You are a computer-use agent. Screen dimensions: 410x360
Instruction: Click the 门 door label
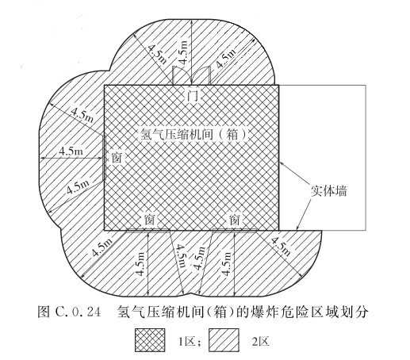click(x=193, y=96)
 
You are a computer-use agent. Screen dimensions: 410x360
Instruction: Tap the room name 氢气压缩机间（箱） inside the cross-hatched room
click(x=194, y=135)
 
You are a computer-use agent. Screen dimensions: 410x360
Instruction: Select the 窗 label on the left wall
click(x=117, y=158)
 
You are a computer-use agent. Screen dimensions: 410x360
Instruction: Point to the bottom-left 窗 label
click(x=150, y=220)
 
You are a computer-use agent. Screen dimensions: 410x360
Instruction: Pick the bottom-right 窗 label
click(x=235, y=220)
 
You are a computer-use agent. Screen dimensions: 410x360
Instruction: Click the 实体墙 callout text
click(x=328, y=190)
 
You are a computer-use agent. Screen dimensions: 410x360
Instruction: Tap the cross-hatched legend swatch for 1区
click(x=150, y=340)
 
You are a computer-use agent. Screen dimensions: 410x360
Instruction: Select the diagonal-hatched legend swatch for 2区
click(x=224, y=340)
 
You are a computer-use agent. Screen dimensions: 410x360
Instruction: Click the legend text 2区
click(x=260, y=342)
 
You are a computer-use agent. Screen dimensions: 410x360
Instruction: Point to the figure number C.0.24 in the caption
click(x=79, y=312)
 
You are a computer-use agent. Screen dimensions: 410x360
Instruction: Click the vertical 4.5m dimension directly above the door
click(x=183, y=52)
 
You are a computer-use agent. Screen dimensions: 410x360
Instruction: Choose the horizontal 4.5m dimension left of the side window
click(x=71, y=151)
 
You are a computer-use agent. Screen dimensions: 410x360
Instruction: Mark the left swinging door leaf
click(x=182, y=75)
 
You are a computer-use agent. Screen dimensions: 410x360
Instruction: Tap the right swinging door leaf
click(x=202, y=75)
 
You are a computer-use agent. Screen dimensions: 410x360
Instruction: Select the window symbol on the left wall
click(x=105, y=158)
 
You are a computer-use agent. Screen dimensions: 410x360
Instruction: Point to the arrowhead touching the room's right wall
click(x=282, y=163)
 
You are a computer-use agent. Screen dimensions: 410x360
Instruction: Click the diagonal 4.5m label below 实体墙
click(x=281, y=247)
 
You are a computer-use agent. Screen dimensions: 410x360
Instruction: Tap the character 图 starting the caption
click(x=44, y=312)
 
